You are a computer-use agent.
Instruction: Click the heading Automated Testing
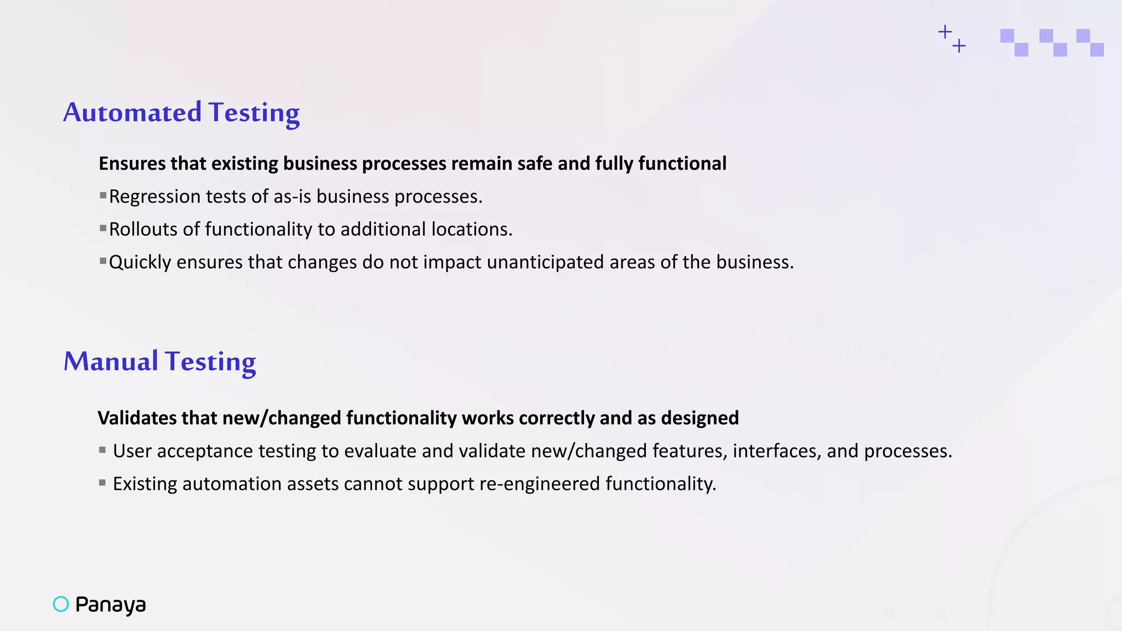pyautogui.click(x=181, y=112)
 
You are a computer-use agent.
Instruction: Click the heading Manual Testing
pyautogui.click(x=159, y=362)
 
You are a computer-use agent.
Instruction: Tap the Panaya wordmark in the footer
pyautogui.click(x=111, y=605)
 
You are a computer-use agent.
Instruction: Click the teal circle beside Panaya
pyautogui.click(x=61, y=604)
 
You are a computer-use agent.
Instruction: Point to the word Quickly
pyautogui.click(x=140, y=262)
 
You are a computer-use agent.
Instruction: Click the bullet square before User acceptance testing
pyautogui.click(x=102, y=450)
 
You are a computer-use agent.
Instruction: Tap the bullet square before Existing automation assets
pyautogui.click(x=102, y=483)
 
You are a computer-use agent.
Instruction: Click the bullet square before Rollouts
pyautogui.click(x=103, y=228)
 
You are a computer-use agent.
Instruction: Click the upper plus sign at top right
pyautogui.click(x=944, y=32)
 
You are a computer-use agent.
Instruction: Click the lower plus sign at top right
pyautogui.click(x=959, y=46)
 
